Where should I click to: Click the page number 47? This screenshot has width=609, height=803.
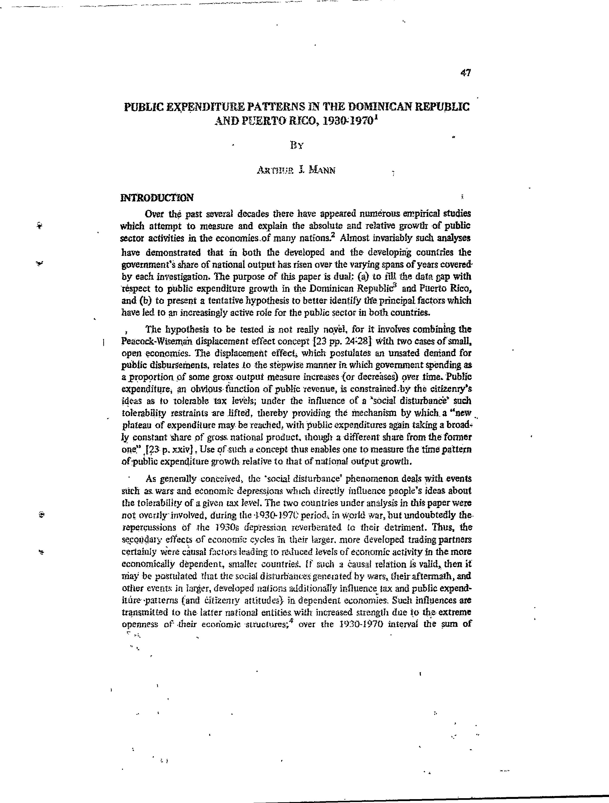465,73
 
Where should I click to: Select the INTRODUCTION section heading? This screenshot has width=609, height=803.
157,198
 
